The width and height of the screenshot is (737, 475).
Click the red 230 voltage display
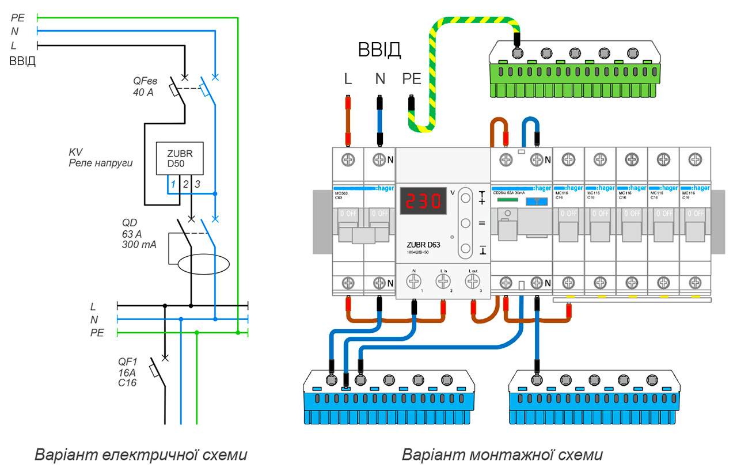424,201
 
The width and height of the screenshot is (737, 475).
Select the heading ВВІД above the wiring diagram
379,50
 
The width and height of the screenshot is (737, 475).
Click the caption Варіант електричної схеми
141,455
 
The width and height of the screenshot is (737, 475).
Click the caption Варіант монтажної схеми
502,455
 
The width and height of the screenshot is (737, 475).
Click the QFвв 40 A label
145,86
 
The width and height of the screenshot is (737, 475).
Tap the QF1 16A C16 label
128,372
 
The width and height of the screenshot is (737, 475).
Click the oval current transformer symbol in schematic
203,264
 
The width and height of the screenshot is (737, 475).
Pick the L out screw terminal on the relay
472,281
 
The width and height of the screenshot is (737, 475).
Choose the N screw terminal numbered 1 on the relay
413,281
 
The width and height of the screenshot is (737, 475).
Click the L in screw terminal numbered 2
443,281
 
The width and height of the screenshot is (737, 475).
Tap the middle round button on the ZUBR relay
465,223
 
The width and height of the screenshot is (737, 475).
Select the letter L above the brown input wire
348,79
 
